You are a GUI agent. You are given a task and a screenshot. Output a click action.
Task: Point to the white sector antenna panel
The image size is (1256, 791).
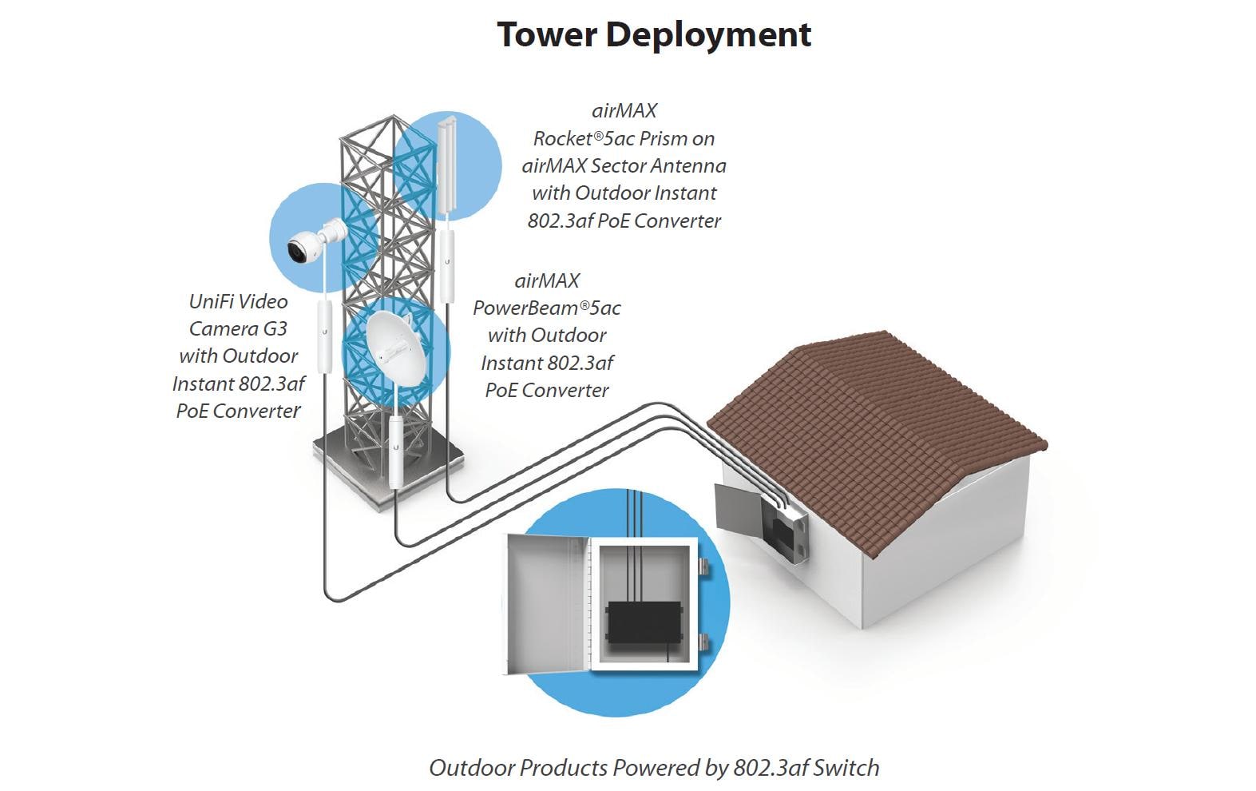445,168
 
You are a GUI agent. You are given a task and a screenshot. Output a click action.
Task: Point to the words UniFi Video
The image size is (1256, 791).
238,301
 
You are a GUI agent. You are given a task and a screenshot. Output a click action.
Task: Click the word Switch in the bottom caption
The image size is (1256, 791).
846,768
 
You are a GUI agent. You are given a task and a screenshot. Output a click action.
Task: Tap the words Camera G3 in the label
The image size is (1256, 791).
238,328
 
